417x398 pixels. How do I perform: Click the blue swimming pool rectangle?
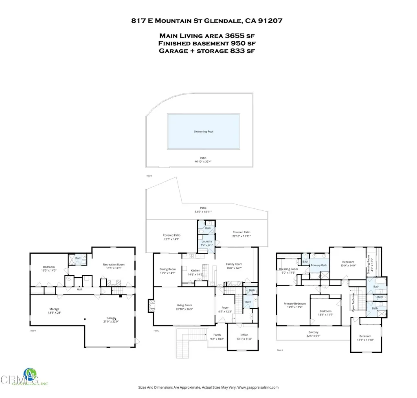click(203, 132)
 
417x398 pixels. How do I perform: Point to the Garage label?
click(111, 318)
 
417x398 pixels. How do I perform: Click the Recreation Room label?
click(114, 265)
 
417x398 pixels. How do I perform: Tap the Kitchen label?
click(196, 270)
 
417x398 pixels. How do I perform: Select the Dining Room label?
click(167, 269)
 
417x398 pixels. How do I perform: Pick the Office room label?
click(244, 335)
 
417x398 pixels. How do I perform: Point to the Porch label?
click(217, 335)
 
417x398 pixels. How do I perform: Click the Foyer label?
click(225, 307)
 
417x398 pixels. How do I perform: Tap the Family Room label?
click(234, 264)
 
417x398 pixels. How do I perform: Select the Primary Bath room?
click(319, 265)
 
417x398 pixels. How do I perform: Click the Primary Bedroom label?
click(294, 303)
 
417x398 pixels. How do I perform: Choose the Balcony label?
click(313, 332)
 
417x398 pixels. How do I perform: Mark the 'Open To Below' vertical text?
click(353, 303)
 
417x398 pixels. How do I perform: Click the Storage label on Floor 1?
click(54, 309)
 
